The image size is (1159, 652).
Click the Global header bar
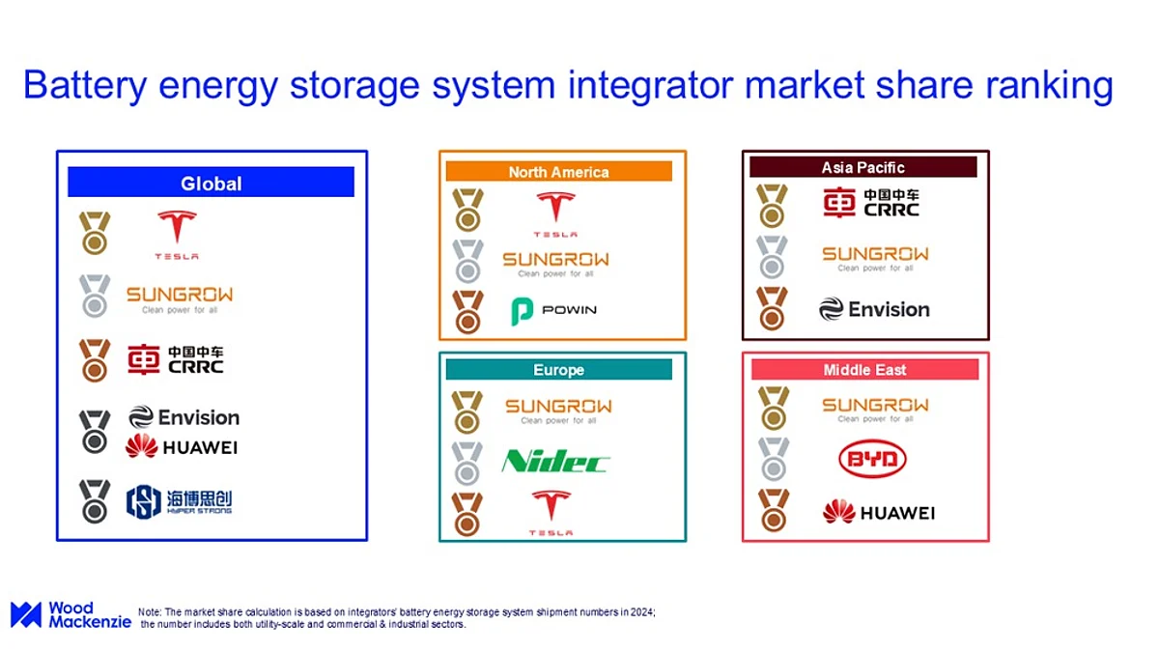click(x=212, y=182)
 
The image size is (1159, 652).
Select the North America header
click(x=559, y=171)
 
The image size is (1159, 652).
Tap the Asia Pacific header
click(x=863, y=167)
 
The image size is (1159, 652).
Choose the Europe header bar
click(x=559, y=369)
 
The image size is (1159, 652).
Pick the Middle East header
click(x=865, y=369)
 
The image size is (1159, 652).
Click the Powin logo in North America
click(x=553, y=310)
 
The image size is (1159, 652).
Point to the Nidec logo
click(x=555, y=461)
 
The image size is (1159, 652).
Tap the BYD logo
click(x=872, y=459)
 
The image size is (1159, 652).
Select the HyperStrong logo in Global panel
click(x=179, y=501)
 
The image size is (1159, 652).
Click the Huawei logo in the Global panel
click(x=182, y=446)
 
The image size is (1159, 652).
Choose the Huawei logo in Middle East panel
click(x=879, y=512)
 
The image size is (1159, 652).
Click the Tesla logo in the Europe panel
click(x=551, y=513)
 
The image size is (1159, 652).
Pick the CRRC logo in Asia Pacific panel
click(x=871, y=202)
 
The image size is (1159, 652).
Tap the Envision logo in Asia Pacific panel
click(x=874, y=309)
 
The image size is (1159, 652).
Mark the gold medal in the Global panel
click(x=95, y=233)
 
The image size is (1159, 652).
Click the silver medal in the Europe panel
click(x=467, y=463)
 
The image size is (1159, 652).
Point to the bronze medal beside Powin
click(x=467, y=312)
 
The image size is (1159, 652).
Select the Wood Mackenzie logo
click(x=71, y=614)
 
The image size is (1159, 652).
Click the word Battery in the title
click(x=85, y=86)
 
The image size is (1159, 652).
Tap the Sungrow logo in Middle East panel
click(x=875, y=410)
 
